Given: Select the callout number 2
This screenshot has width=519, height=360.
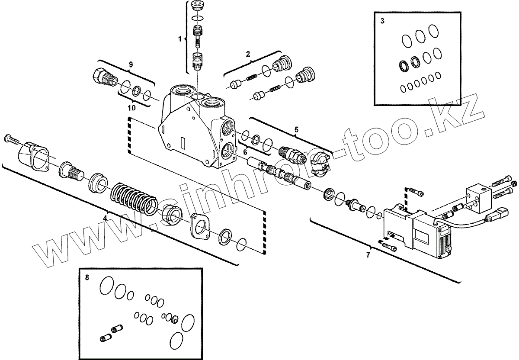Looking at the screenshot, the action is tap(248, 54).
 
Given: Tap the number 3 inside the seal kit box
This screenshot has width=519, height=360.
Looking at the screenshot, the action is tap(382, 21).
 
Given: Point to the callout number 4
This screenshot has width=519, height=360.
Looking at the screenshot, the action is tap(105, 218).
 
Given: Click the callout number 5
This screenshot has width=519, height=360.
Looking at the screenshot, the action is tap(296, 129).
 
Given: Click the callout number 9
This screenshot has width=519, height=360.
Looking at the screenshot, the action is tap(131, 64).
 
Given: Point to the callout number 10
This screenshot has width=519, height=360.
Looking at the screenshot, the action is tap(131, 106).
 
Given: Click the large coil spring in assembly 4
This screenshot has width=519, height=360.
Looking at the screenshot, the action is tap(134, 198).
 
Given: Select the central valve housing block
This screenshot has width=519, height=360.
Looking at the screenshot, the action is tap(195, 130).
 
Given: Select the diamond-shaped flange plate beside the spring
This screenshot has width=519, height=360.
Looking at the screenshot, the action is tap(200, 225).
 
